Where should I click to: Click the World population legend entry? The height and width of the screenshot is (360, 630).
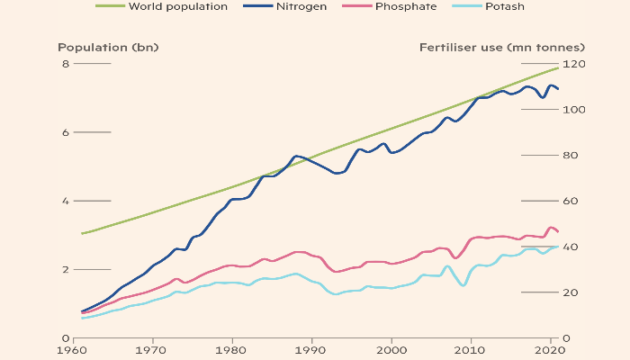pyautogui.click(x=178, y=6)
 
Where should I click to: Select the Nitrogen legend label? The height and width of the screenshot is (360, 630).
pyautogui.click(x=301, y=6)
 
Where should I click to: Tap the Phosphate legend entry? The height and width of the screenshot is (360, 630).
pyautogui.click(x=406, y=6)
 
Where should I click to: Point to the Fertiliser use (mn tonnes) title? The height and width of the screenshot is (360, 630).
pyautogui.click(x=502, y=47)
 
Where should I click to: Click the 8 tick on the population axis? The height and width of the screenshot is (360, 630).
pyautogui.click(x=65, y=64)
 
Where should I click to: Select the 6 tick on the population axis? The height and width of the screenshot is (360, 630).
pyautogui.click(x=65, y=132)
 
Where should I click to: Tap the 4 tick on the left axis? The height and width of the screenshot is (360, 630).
pyautogui.click(x=65, y=201)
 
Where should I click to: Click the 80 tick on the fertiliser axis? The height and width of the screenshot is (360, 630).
pyautogui.click(x=573, y=156)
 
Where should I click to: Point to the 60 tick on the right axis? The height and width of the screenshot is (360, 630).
pyautogui.click(x=573, y=201)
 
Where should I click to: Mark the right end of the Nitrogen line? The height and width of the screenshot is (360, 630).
pyautogui.click(x=559, y=89)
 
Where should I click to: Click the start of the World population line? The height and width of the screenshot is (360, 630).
pyautogui.click(x=82, y=234)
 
